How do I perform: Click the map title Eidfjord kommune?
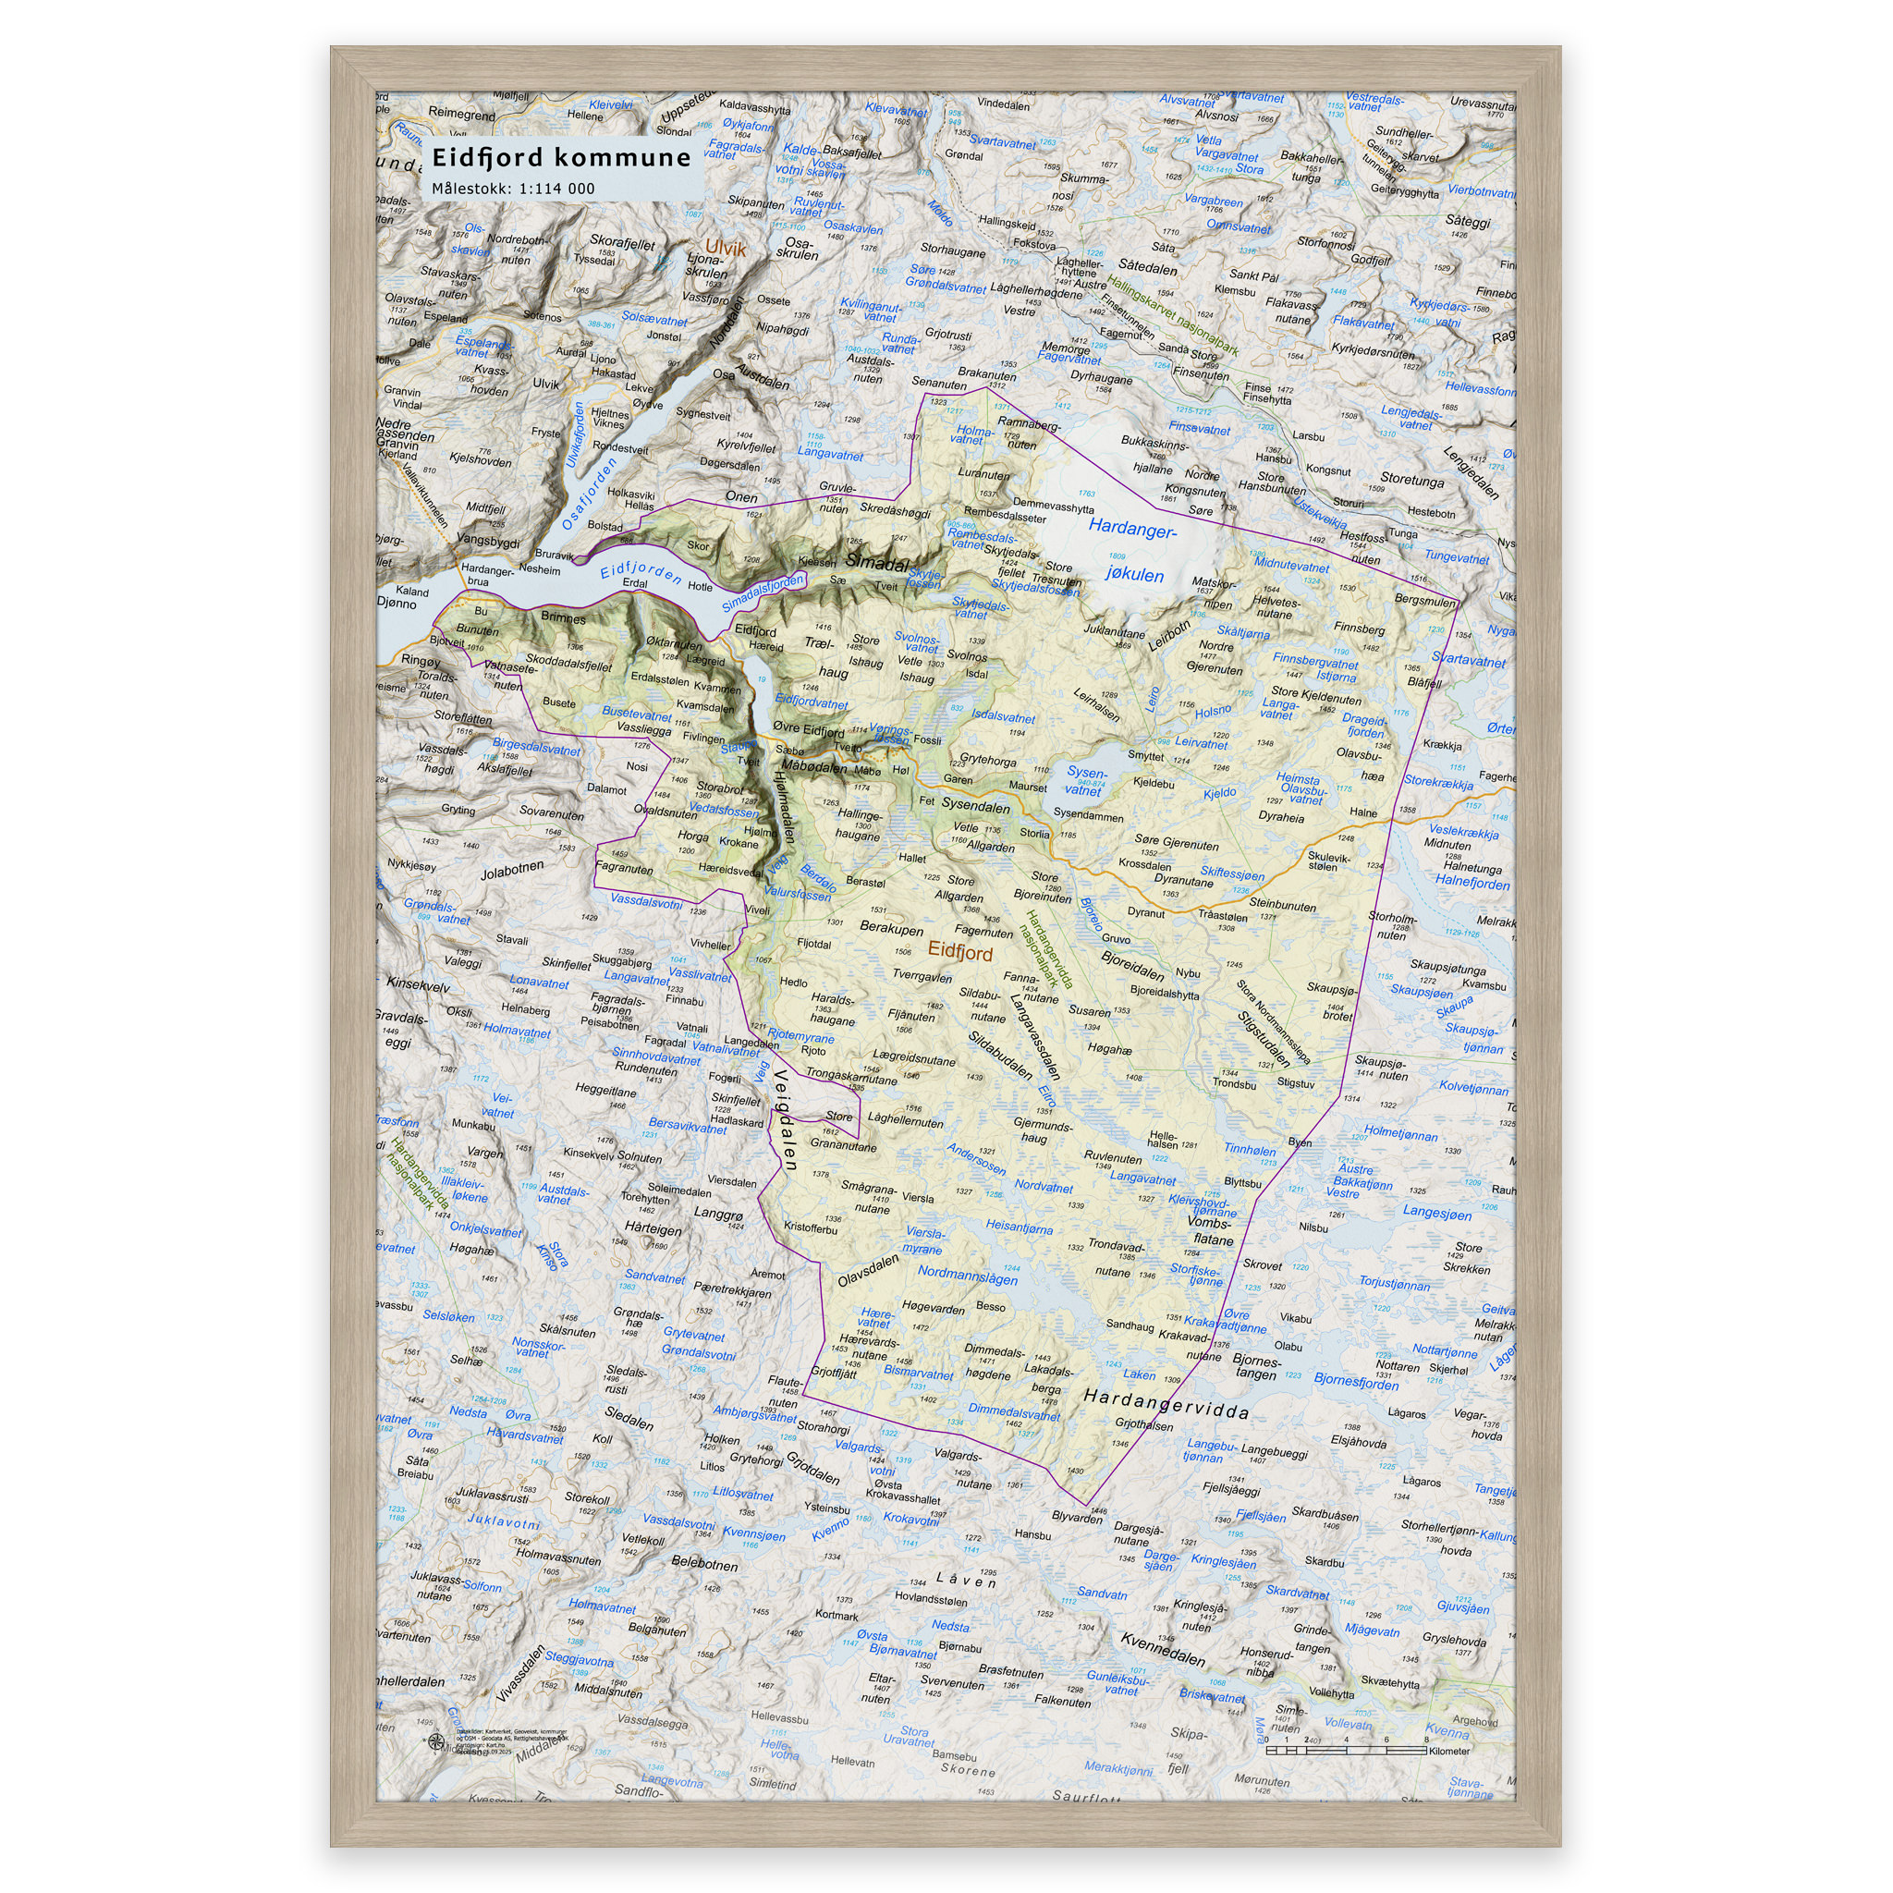point(561,158)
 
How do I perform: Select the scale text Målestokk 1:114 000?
point(513,189)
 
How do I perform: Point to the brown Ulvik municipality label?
point(726,249)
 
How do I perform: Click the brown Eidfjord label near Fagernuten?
point(960,952)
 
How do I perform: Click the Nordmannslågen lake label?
point(967,1275)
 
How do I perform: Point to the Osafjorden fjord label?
point(589,491)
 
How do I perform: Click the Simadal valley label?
point(876,562)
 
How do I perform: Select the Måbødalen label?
point(813,767)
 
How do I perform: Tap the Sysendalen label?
point(975,805)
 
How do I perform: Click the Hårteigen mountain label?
point(653,1228)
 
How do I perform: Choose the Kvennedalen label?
point(1162,1650)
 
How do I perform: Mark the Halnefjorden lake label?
point(1472,881)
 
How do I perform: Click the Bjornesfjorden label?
point(1356,1381)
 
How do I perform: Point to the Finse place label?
point(1257,387)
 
